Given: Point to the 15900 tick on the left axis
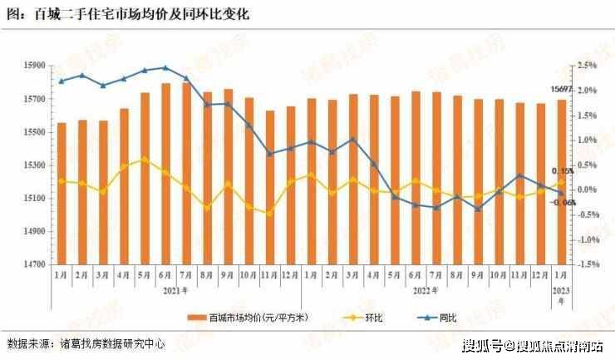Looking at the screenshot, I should tap(36, 66).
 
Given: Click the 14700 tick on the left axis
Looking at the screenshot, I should tap(36, 264).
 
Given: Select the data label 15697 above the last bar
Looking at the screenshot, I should tap(562, 90).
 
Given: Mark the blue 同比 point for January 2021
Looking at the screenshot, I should tap(61, 81).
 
